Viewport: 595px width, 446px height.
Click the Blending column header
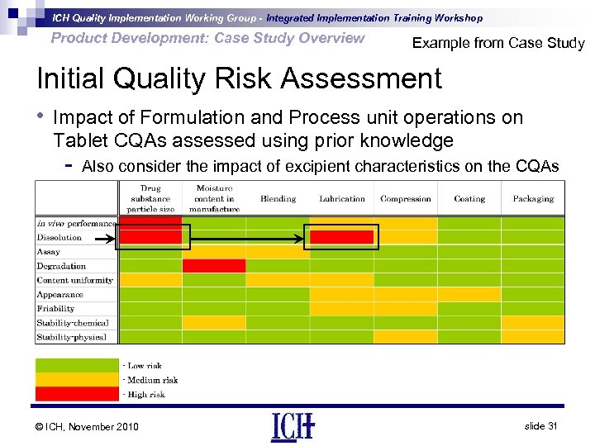(x=278, y=199)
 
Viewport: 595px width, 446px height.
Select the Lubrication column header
(x=342, y=199)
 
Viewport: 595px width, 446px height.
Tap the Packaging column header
(x=533, y=199)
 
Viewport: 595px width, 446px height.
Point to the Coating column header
(x=469, y=199)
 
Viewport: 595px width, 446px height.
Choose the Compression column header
(x=406, y=199)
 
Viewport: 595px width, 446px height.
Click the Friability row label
(x=55, y=309)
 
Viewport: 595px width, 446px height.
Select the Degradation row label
(x=61, y=266)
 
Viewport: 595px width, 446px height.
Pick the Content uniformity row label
(x=74, y=280)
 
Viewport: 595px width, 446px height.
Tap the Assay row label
(x=48, y=252)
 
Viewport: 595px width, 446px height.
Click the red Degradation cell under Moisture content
(x=214, y=266)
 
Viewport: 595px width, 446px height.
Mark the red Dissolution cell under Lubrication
(x=342, y=238)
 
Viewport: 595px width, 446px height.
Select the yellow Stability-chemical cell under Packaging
(x=533, y=323)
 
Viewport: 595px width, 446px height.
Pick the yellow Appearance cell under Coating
(x=469, y=294)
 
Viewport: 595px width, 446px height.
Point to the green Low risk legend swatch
(x=77, y=365)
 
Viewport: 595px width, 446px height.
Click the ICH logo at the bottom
(x=293, y=426)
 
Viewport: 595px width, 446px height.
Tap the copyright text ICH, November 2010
(x=88, y=426)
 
